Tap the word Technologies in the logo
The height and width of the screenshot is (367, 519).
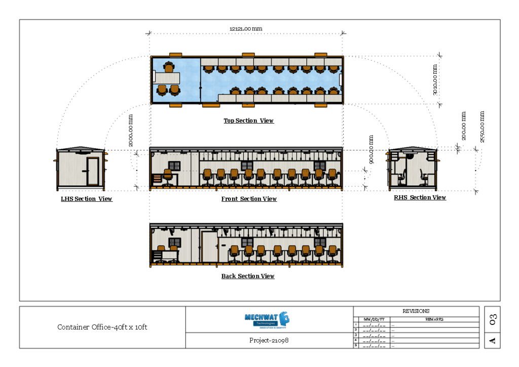[x=265, y=323]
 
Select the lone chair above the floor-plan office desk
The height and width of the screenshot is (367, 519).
[x=169, y=67]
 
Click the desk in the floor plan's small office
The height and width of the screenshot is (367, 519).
[x=167, y=78]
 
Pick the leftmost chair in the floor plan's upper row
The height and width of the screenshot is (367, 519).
[x=208, y=69]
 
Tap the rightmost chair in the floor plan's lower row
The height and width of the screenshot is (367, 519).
[x=333, y=91]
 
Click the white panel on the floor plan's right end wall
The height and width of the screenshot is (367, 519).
[x=341, y=80]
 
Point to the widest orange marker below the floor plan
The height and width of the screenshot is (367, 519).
[x=211, y=105]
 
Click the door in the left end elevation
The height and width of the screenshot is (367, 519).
[x=92, y=171]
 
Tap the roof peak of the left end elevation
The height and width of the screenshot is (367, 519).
[x=81, y=149]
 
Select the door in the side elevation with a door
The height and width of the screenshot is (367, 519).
[x=209, y=247]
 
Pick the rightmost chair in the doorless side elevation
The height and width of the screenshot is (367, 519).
[x=332, y=176]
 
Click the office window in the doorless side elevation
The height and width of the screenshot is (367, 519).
[x=174, y=166]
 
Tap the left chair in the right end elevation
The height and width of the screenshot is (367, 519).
[x=401, y=178]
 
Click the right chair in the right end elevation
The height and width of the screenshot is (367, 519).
[x=423, y=178]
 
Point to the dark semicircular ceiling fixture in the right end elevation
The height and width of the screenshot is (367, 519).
[x=410, y=156]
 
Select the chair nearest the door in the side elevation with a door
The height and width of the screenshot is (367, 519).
[x=234, y=252]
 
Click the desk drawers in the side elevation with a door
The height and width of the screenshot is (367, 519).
[x=158, y=255]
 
